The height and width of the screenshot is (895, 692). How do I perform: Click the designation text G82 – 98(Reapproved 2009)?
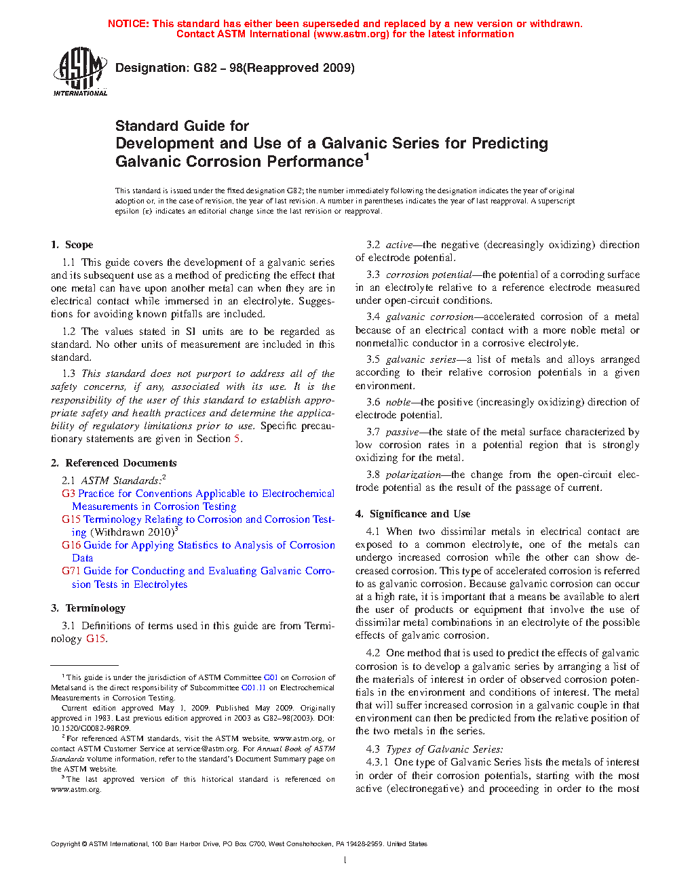[x=235, y=68]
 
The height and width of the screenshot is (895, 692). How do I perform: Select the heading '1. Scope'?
[x=72, y=245]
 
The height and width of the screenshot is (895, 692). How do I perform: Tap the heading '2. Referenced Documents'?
[x=113, y=463]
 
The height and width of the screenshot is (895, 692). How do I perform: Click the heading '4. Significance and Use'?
[x=412, y=514]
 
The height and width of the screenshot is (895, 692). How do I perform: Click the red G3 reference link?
[x=68, y=494]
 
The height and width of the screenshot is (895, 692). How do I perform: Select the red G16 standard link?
[x=71, y=545]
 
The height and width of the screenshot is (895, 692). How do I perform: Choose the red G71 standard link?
[x=71, y=571]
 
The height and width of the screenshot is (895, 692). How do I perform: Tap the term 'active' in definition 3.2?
[x=399, y=245]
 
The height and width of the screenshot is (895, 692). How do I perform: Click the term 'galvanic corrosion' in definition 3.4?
[x=429, y=317]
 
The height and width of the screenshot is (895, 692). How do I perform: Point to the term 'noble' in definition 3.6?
[x=398, y=402]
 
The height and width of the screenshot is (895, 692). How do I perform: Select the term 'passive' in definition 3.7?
[x=402, y=432]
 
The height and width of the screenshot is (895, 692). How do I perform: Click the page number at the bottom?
[x=345, y=860]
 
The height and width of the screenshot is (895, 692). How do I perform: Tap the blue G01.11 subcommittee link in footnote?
[x=253, y=688]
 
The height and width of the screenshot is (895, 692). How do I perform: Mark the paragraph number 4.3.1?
[x=377, y=762]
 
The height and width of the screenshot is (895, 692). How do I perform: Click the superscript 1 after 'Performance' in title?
[x=367, y=157]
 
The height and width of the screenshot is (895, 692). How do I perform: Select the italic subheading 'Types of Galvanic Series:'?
[x=444, y=749]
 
